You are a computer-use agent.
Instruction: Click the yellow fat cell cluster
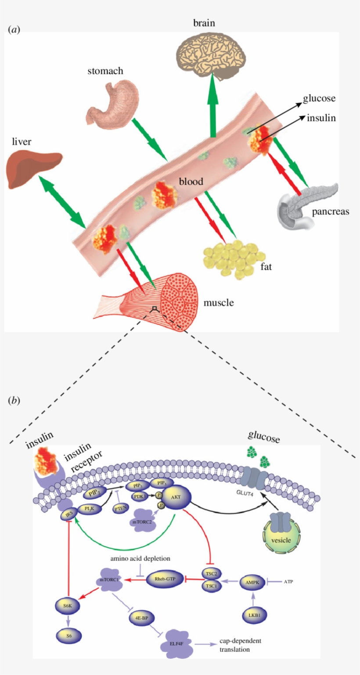233,259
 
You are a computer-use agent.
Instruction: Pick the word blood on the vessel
191,181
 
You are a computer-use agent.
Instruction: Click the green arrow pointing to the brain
213,110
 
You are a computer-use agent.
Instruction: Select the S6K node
67,606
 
